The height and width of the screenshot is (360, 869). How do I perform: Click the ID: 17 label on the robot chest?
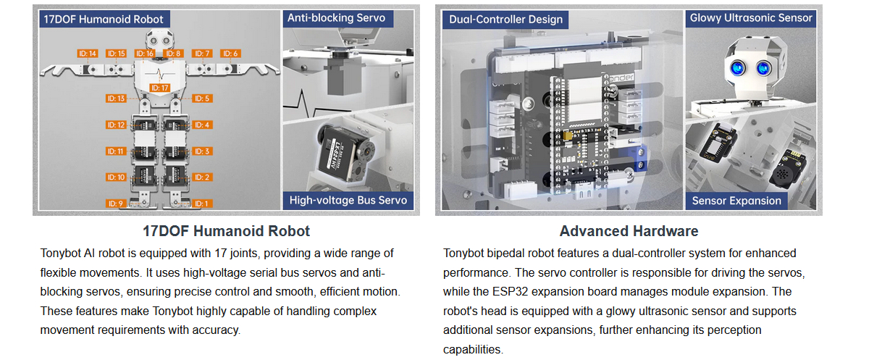[159, 88]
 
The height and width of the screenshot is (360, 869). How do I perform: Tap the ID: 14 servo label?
[88, 54]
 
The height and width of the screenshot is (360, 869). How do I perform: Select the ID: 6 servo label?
[230, 54]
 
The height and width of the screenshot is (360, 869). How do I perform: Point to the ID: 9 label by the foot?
[116, 204]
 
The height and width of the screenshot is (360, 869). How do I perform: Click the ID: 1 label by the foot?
[202, 204]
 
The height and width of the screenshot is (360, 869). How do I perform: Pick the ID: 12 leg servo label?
[116, 125]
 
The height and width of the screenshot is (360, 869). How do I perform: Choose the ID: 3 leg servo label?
[202, 151]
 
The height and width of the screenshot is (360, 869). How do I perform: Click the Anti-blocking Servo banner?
[337, 18]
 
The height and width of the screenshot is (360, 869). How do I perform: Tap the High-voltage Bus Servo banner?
[348, 201]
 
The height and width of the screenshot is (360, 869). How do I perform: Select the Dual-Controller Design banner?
[505, 20]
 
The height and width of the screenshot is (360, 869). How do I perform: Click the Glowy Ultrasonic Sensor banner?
[751, 18]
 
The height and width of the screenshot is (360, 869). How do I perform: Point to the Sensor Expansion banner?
[736, 201]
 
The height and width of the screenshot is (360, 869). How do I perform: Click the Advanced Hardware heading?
[629, 231]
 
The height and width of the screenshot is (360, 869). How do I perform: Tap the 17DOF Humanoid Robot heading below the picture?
[226, 231]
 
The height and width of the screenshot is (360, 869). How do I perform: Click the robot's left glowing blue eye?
[737, 68]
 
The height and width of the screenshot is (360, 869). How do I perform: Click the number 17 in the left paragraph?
[220, 254]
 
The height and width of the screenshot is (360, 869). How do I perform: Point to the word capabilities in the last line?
[472, 350]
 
